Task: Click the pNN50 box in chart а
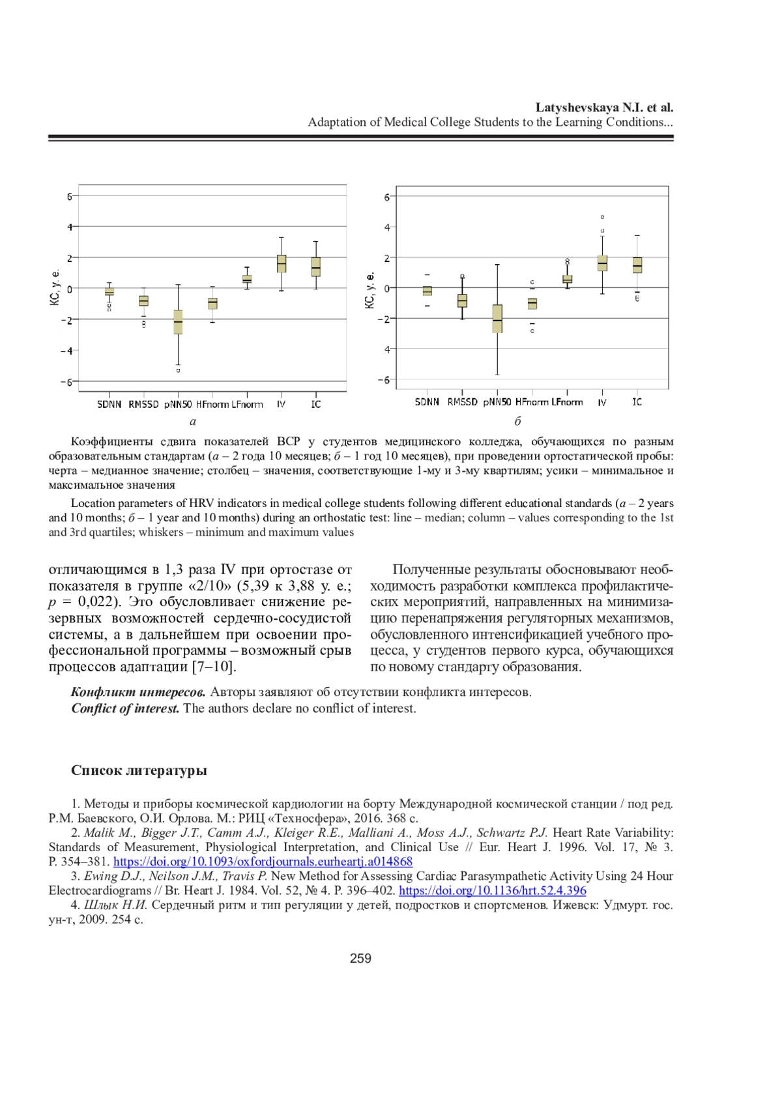pos(178,322)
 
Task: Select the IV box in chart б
pos(602,263)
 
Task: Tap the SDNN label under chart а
pos(109,405)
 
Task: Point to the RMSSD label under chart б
pos(462,402)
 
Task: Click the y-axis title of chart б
pos(370,290)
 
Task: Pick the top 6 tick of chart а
pos(70,196)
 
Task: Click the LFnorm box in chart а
pos(247,279)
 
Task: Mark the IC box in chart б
pos(637,265)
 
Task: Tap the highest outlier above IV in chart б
pos(602,217)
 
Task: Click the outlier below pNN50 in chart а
pos(178,370)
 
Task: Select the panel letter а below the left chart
pos(193,422)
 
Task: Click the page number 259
pos(360,958)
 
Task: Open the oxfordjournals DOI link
pos(263,862)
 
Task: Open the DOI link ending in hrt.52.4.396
pos(492,890)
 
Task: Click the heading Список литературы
pos(139,770)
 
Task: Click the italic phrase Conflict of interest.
pos(125,708)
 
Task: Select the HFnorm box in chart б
pos(532,303)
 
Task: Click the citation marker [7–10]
pos(214,667)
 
